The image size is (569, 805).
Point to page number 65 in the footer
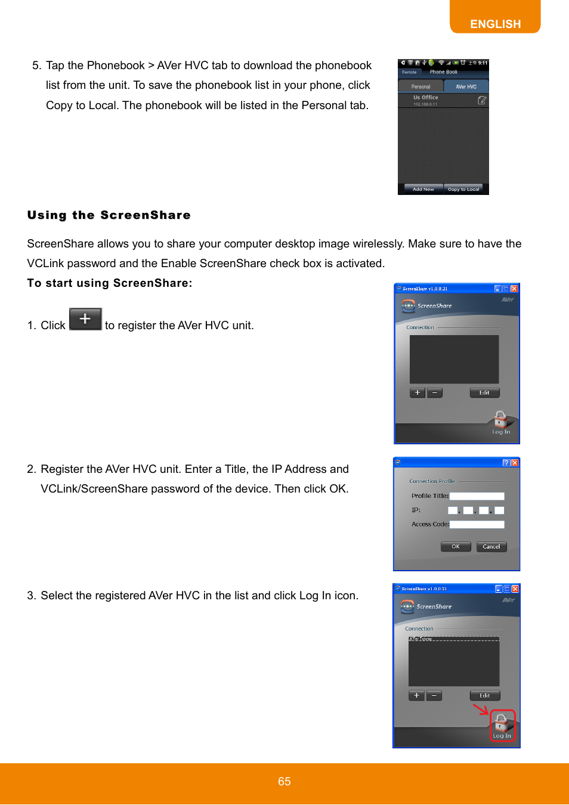[x=284, y=781]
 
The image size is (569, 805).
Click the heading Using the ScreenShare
[x=109, y=215]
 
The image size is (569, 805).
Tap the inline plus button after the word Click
[x=85, y=319]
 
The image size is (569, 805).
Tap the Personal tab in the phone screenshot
[x=420, y=86]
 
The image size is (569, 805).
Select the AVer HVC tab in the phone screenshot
[x=466, y=86]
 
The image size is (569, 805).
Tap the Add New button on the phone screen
[x=423, y=189]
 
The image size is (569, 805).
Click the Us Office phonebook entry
[x=426, y=100]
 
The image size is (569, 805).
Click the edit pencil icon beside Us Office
[x=482, y=100]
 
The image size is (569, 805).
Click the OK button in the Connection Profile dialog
[x=456, y=546]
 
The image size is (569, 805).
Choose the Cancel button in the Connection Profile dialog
[x=491, y=546]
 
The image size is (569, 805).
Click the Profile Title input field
[x=477, y=496]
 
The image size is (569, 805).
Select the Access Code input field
[x=477, y=525]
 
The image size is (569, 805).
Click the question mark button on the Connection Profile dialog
[x=506, y=463]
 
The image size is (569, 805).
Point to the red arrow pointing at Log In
[x=481, y=709]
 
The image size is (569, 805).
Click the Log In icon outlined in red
[x=502, y=726]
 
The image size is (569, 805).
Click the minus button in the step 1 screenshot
[x=435, y=392]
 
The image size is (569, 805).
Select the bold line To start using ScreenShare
[x=110, y=283]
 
